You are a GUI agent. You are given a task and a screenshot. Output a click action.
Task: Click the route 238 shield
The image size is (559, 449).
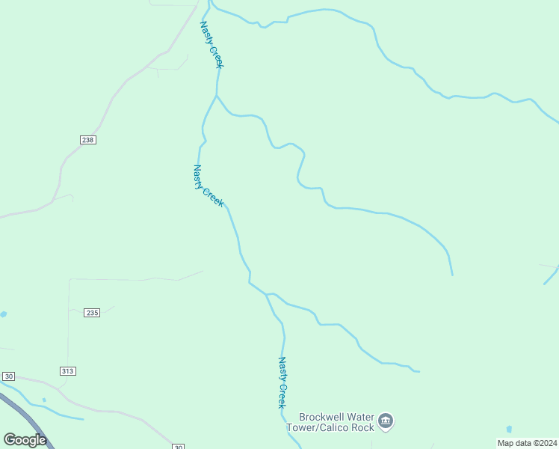tap(87, 140)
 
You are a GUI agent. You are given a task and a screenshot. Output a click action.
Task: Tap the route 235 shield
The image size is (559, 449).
tap(92, 313)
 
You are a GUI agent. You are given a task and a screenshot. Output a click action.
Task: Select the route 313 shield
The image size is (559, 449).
tap(68, 371)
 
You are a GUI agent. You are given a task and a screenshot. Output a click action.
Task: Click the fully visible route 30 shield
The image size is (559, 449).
tap(9, 376)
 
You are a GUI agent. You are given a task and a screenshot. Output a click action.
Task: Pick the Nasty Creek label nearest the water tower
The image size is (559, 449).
tap(282, 382)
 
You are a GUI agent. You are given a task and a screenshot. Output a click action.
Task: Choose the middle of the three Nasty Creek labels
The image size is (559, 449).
tap(208, 186)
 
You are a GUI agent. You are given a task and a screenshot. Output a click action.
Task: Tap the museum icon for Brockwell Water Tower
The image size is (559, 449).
tap(386, 422)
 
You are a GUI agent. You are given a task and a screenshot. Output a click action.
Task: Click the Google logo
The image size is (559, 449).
tap(25, 439)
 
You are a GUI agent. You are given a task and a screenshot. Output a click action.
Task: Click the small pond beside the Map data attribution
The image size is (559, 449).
tap(509, 430)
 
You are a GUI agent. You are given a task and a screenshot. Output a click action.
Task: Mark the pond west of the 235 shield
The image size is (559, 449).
tap(3, 314)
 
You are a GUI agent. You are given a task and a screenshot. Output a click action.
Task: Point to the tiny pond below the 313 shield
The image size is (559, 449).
tap(44, 400)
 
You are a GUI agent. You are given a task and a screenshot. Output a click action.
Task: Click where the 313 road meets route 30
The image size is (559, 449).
tap(58, 388)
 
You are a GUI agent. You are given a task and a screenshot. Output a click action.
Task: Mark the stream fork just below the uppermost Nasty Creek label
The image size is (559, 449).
tap(217, 95)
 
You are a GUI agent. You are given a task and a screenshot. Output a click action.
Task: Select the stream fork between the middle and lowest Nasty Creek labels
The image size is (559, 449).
tap(266, 294)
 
